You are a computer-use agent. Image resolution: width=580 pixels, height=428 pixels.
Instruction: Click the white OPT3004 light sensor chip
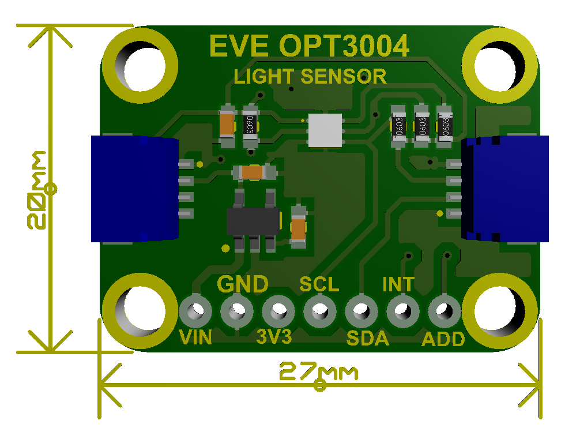326,130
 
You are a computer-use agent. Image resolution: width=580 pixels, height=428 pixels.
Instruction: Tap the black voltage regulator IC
254,221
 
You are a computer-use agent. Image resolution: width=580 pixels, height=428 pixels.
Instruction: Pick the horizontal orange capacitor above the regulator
253,172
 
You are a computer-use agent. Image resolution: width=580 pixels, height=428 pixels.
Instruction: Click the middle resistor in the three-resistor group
422,123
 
